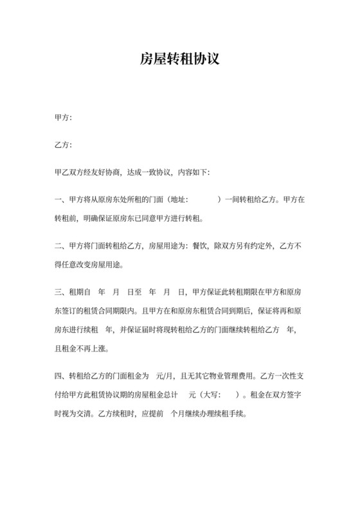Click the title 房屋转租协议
[x=180, y=60]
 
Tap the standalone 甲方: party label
[x=63, y=118]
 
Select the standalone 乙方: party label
[x=63, y=145]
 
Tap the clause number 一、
[x=61, y=200]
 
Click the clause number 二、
[x=61, y=246]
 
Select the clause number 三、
[x=61, y=292]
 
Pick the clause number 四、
[x=61, y=375]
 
